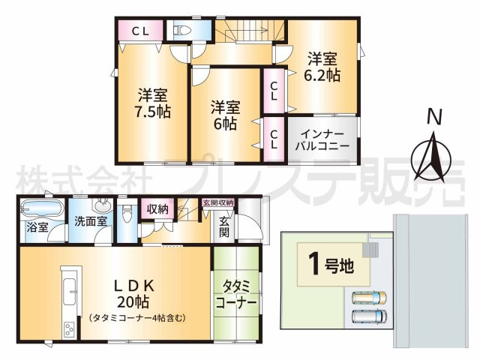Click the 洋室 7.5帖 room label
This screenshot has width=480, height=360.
[152, 103]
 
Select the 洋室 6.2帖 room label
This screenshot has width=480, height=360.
[322, 67]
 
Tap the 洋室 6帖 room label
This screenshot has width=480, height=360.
[225, 115]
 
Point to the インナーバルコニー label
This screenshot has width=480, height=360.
[322, 139]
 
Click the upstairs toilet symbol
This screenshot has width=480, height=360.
[182, 30]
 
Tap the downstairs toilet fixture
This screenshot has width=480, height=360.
[127, 214]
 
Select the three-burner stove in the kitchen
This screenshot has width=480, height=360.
[69, 330]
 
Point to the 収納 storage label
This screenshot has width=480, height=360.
[157, 209]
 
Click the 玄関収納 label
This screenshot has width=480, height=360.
[218, 202]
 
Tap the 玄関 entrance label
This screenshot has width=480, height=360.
[224, 226]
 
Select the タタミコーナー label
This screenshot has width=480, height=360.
[236, 294]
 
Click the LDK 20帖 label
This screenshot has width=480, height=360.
[134, 294]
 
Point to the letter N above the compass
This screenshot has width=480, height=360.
[435, 117]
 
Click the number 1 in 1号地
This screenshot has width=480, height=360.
[313, 265]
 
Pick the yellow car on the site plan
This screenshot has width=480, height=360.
[369, 298]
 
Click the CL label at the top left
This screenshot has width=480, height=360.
[140, 31]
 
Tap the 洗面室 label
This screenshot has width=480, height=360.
[90, 221]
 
